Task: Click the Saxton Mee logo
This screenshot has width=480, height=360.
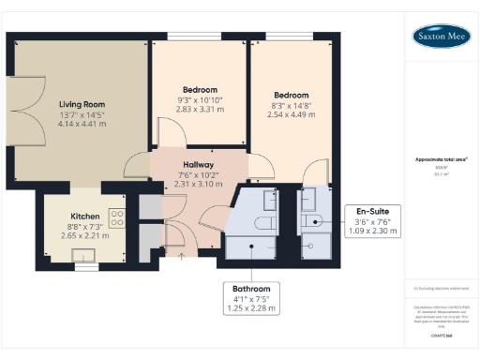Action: coord(442,37)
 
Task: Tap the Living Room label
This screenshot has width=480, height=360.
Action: coord(82,104)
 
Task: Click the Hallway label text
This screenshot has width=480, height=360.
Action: coord(198,163)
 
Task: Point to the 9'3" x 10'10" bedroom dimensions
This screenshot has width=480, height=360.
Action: coord(200,99)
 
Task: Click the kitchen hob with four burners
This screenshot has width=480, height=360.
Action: coord(117,218)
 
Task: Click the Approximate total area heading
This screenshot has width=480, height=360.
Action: coord(441,159)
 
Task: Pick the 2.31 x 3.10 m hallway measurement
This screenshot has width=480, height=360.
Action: coord(198,184)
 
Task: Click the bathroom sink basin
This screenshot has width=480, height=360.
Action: coord(269,198)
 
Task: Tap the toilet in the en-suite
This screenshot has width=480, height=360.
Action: coord(315,222)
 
